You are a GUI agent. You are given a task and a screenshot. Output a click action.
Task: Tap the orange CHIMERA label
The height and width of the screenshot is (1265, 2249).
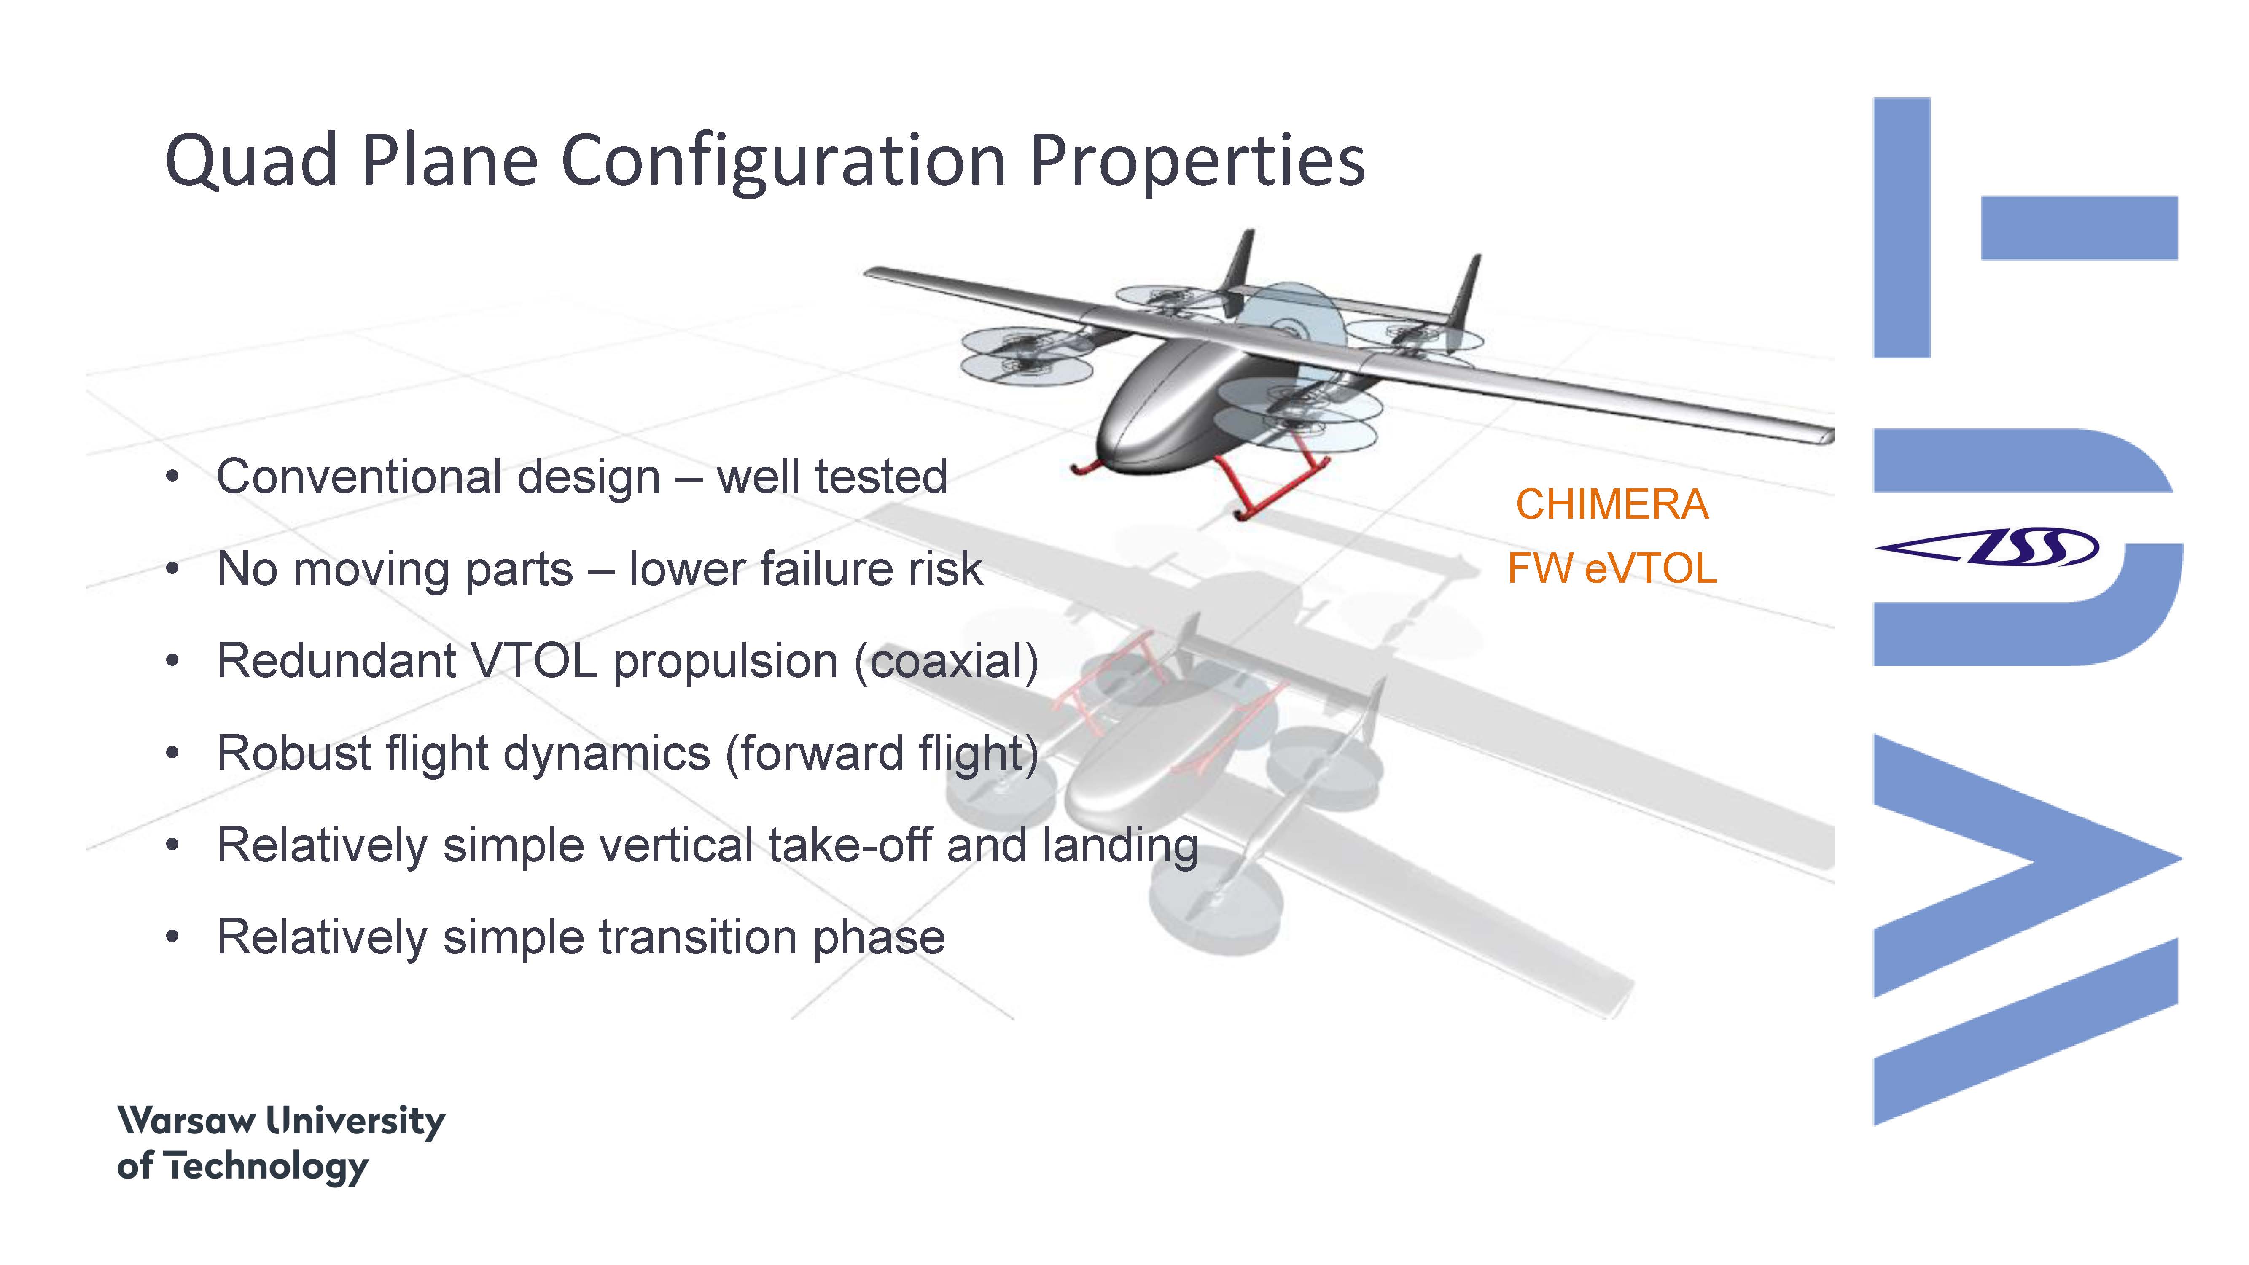pyautogui.click(x=1611, y=505)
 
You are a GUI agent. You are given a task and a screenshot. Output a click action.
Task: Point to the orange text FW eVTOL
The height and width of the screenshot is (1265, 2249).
pyautogui.click(x=1611, y=568)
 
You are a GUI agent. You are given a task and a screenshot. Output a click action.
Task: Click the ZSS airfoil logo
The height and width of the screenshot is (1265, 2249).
pyautogui.click(x=1986, y=547)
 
